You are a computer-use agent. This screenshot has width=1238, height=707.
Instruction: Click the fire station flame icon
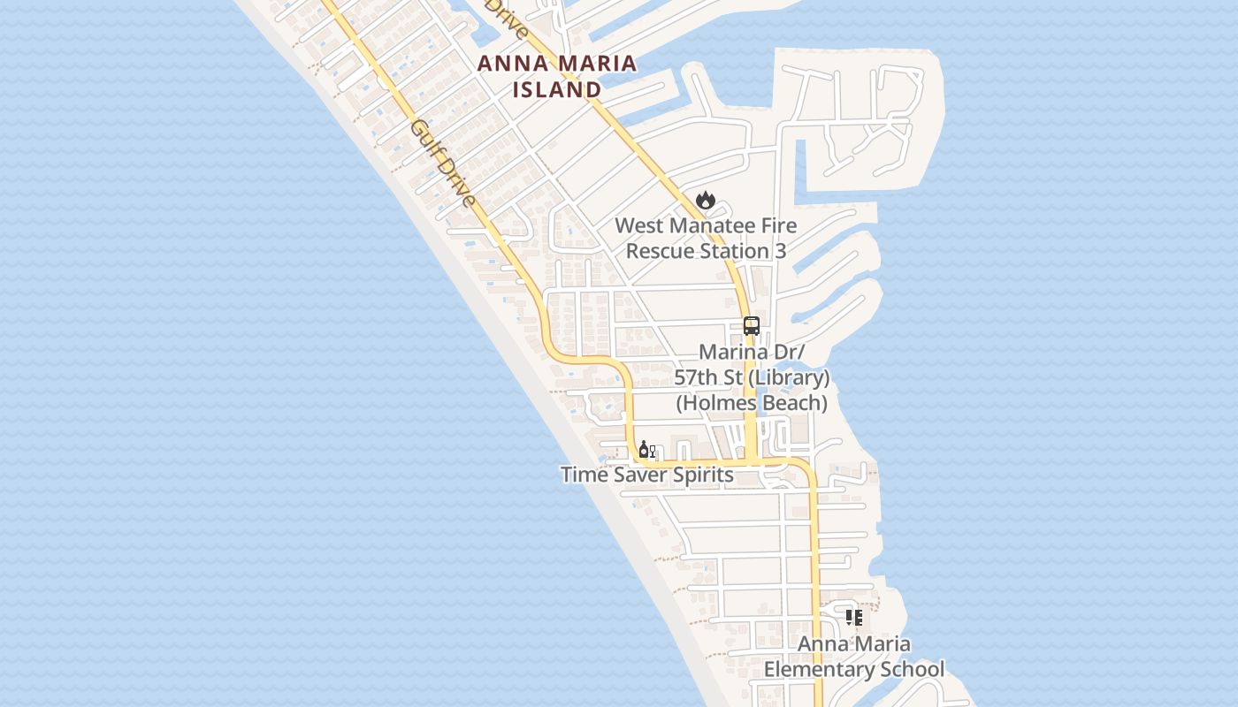(705, 201)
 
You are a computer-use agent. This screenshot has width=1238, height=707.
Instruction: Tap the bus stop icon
(751, 325)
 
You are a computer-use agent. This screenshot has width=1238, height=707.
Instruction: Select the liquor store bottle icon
(646, 450)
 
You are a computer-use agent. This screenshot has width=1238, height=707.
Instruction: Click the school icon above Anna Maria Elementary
(853, 617)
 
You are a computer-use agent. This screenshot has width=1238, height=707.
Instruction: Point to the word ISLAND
(557, 89)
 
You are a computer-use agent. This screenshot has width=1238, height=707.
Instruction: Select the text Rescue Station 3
(706, 251)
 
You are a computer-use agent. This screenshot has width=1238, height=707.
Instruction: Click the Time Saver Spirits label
(646, 475)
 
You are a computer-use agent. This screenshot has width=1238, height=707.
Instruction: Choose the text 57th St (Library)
(752, 378)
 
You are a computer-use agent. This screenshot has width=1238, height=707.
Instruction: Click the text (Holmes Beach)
(752, 403)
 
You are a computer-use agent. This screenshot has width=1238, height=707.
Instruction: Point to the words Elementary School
(853, 669)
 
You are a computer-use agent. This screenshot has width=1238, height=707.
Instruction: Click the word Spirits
(699, 475)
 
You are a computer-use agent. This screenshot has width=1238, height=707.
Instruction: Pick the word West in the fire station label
(637, 225)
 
